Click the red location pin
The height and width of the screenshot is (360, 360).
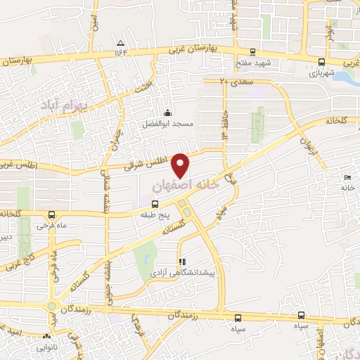(181, 165)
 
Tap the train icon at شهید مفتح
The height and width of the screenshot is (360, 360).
(252, 51)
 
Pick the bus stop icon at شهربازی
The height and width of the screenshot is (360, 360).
(321, 62)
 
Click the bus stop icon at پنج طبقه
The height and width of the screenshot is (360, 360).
(155, 205)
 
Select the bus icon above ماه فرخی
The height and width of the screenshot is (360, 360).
(51, 214)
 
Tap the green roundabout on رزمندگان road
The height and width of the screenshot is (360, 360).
(51, 307)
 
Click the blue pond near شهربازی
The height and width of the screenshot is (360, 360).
(345, 79)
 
